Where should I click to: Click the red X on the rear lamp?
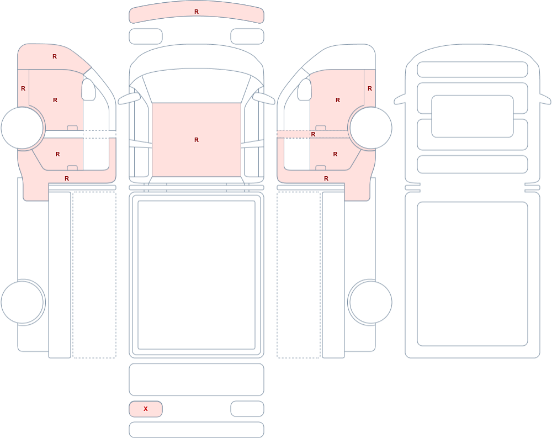click(x=145, y=409)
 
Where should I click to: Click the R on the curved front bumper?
click(x=197, y=12)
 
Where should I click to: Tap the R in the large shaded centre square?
click(x=197, y=140)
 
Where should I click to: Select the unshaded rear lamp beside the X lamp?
click(x=247, y=409)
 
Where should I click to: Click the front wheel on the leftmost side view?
click(x=23, y=128)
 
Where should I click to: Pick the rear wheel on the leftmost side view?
click(x=23, y=302)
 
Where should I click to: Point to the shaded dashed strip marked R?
click(x=294, y=134)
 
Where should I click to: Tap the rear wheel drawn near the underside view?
click(x=370, y=302)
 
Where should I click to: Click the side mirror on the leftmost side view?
click(x=88, y=89)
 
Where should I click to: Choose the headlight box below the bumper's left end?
click(x=146, y=36)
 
